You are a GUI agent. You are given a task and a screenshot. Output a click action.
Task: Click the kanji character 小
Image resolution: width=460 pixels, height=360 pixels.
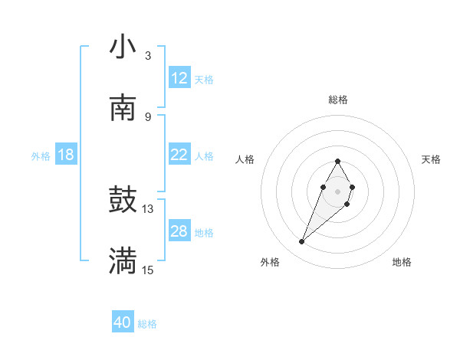[x=123, y=47]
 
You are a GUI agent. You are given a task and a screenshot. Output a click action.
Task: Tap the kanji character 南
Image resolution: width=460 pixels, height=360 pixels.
[x=123, y=108]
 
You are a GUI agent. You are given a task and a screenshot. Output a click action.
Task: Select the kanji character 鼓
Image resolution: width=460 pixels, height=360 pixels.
[x=123, y=200]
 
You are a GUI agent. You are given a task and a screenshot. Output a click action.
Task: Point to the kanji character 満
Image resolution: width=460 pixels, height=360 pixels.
[x=123, y=261]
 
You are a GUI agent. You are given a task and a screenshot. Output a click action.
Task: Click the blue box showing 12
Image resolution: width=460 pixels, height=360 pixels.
[x=179, y=78]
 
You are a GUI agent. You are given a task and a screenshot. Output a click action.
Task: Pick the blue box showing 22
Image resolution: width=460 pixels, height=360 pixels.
[x=179, y=155]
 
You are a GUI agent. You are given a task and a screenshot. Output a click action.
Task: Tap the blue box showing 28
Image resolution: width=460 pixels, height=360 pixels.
[x=179, y=231]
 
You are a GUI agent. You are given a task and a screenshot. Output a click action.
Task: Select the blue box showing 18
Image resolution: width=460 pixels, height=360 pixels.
[x=66, y=155]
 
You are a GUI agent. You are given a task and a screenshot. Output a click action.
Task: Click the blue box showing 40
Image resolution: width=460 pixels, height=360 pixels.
[x=123, y=322]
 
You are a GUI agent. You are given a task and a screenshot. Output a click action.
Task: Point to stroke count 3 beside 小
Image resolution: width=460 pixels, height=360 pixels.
[x=147, y=56]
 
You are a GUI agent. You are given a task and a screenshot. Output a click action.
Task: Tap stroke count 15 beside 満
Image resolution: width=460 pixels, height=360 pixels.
[x=147, y=270]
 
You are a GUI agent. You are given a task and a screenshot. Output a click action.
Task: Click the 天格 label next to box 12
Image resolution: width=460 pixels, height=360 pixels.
[x=204, y=80]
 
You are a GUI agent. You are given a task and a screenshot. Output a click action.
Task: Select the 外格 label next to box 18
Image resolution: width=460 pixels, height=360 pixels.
[x=41, y=156]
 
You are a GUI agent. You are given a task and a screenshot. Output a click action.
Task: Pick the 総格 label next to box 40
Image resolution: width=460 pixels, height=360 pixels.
[x=147, y=324]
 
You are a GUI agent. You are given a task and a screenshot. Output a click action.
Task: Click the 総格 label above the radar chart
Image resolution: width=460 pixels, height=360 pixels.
[x=338, y=100]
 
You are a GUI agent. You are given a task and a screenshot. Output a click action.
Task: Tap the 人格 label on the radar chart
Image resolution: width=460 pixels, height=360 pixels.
[x=245, y=159]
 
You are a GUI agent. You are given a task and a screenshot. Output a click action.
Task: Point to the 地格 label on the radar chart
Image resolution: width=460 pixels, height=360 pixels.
[x=402, y=262]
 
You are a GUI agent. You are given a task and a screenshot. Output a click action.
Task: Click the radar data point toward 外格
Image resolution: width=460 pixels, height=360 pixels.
[x=302, y=242]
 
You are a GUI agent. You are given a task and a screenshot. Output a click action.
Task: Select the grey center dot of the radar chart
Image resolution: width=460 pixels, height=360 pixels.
[x=337, y=191]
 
